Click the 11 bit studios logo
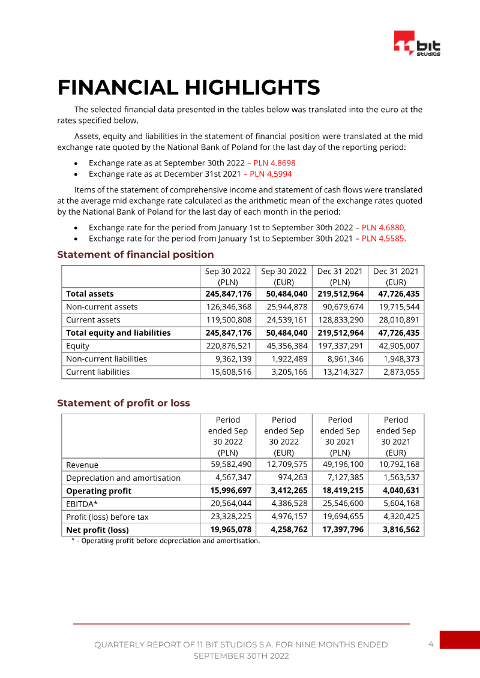click(417, 43)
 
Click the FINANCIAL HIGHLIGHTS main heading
click(188, 88)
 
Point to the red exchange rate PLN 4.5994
click(271, 174)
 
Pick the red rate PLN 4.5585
click(384, 238)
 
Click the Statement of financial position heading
click(135, 255)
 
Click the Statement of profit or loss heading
click(123, 403)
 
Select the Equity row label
click(77, 346)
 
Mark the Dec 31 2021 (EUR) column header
click(395, 276)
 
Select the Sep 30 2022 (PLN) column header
click(227, 276)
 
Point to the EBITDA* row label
click(82, 504)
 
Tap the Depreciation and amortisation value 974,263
click(289, 478)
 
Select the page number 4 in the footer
click(431, 644)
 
